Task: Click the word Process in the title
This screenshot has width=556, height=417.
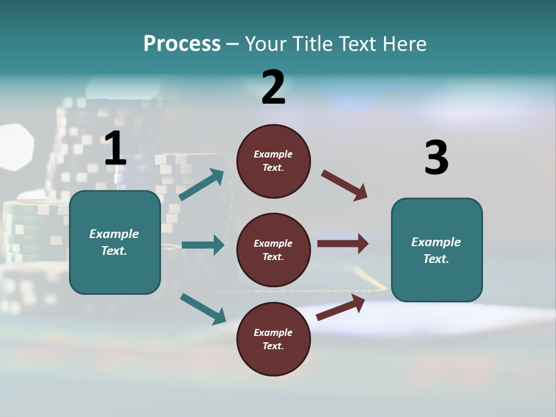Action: click(x=182, y=44)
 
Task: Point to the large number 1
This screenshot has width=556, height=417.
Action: click(x=115, y=149)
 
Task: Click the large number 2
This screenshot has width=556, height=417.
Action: click(x=273, y=87)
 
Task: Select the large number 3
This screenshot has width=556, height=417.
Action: click(x=436, y=158)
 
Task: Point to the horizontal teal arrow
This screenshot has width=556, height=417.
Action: click(x=203, y=245)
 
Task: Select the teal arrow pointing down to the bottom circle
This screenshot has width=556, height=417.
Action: click(x=203, y=308)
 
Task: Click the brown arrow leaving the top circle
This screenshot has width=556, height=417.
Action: click(x=344, y=185)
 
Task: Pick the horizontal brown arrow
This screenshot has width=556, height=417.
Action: click(x=342, y=244)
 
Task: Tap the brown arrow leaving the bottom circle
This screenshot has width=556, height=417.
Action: click(x=341, y=308)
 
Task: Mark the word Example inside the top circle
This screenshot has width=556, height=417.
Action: click(x=273, y=154)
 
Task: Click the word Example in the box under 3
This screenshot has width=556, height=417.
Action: click(x=436, y=242)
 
